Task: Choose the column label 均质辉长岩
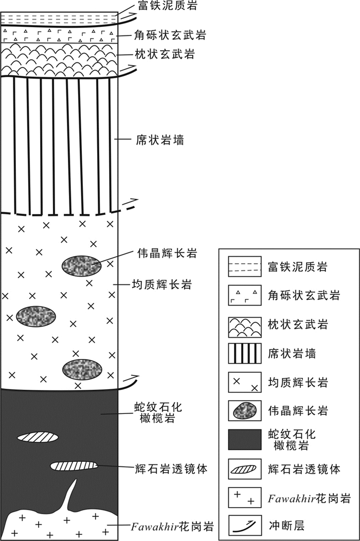coord(156,284)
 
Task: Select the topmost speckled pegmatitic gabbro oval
coord(81,265)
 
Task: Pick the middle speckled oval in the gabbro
coord(36,315)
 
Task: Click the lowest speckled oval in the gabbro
coord(82,369)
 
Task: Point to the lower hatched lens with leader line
coord(74,466)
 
